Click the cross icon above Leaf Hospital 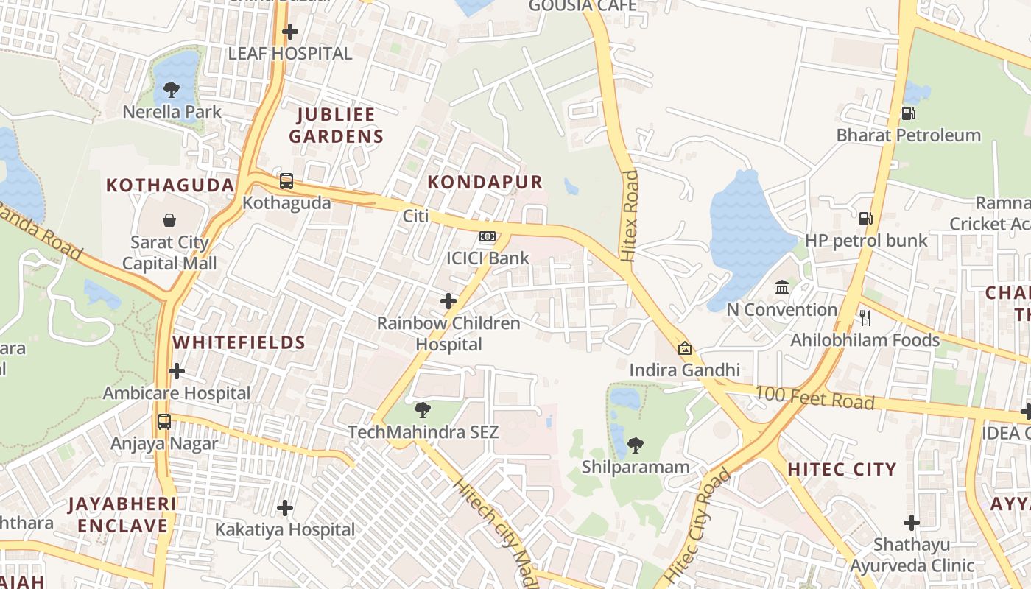290,32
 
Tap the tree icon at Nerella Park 172,90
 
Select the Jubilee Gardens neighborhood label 336,125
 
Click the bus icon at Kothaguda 286,181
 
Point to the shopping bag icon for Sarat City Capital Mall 169,220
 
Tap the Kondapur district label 485,182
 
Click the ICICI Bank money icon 487,236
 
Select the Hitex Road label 629,216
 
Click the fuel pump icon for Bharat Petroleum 909,113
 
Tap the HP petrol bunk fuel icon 866,219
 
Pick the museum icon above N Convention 782,287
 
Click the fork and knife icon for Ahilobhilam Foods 865,318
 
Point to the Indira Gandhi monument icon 685,348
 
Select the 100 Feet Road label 815,398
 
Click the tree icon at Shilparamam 635,445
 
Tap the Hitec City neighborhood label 842,469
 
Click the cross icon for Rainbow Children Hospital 448,300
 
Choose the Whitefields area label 239,342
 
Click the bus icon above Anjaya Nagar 164,422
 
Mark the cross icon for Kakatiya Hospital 285,507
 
